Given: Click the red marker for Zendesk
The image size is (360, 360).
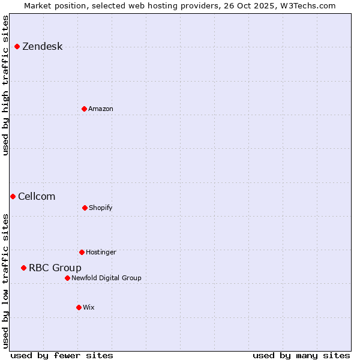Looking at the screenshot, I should coord(17,47).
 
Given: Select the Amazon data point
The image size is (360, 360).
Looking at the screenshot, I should coord(84,109).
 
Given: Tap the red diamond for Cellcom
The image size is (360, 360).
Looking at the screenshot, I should coord(13,197).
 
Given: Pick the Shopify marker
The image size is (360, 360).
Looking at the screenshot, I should coord(85,208).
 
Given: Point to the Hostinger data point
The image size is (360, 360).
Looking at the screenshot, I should coord(82,252).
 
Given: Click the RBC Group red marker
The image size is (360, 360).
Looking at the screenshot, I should coord(23,268).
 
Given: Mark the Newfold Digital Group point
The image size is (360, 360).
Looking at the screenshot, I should coord(67,278).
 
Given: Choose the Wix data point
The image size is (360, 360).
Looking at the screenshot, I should coord(79,307).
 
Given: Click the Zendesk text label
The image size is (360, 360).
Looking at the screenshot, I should coord(42,47).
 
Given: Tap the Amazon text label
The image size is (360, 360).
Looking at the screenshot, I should coord(101,109).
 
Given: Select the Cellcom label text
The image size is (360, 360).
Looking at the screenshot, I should coord(37,197).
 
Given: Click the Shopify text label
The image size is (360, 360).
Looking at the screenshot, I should coord(101,208).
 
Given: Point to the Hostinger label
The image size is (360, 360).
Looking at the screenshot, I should coord(101,253).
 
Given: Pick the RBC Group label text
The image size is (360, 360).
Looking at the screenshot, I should coord(55,268).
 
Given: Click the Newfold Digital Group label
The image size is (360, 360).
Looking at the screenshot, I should coord(106,278).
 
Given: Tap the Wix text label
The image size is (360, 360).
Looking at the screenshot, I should coord(89,308).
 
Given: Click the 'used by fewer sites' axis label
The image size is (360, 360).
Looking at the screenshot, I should coord(62,355).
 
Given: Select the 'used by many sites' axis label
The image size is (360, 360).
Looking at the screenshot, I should coord(301,355).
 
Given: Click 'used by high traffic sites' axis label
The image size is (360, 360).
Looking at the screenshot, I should coord(5,85).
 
